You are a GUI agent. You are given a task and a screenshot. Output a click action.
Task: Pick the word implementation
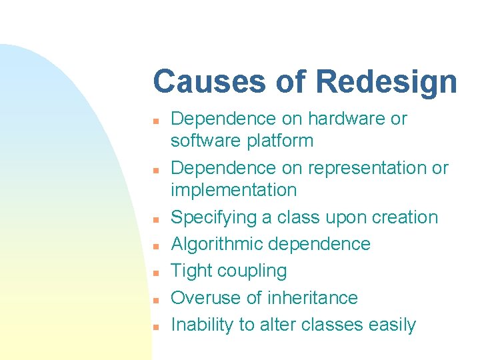coord(233,190)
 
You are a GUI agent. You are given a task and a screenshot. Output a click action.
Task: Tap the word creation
coord(405,217)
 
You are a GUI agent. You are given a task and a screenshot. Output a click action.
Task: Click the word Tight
coord(188,271)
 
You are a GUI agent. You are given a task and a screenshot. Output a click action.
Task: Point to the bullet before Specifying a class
coord(154,219)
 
